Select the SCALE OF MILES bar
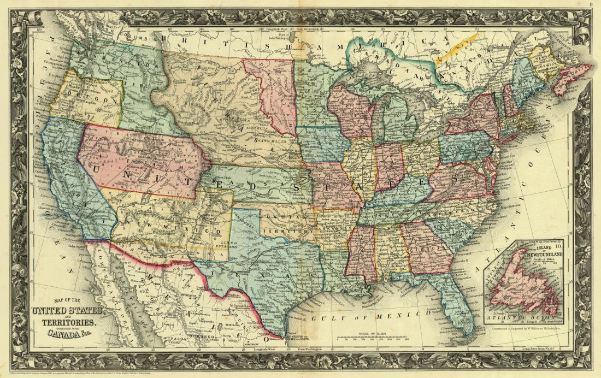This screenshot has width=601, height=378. click(x=378, y=339)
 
